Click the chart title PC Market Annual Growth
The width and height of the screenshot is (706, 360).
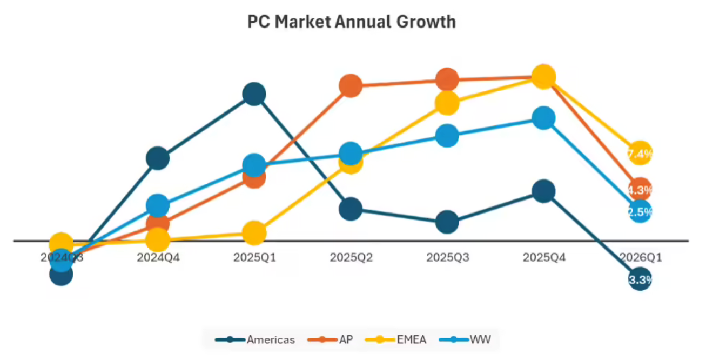pos(352,22)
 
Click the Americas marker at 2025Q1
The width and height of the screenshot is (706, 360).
pos(254,94)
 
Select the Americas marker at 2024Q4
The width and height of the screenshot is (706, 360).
pos(158,158)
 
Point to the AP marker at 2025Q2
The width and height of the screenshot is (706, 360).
pos(351,85)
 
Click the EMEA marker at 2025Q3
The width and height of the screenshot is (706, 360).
pos(447,103)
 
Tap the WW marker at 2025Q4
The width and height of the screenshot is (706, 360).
pos(543,118)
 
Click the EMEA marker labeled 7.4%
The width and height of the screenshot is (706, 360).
pos(640,154)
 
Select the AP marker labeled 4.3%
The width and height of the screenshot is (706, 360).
pos(640,189)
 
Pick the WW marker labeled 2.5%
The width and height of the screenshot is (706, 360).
pos(640,211)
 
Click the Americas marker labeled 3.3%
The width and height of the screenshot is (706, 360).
pos(640,279)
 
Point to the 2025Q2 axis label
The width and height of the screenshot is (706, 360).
pos(351,257)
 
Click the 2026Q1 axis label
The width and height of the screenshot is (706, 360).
pos(640,257)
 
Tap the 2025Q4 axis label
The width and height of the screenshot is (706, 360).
pos(544,257)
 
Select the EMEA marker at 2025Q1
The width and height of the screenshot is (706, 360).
pos(254,233)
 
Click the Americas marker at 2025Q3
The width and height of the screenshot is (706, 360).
pos(447,222)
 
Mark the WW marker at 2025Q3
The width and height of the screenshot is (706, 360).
pos(447,135)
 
